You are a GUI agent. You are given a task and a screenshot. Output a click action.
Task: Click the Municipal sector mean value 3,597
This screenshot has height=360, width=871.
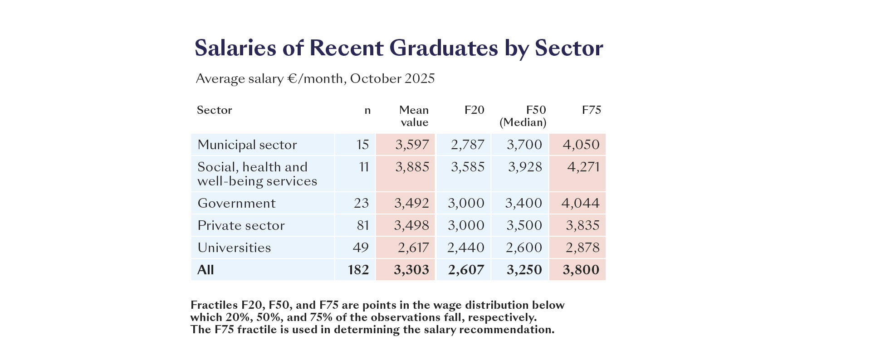click(412, 145)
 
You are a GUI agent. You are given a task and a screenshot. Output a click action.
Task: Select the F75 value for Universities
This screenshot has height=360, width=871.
click(582, 248)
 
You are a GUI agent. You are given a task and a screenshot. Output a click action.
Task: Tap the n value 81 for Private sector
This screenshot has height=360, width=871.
click(363, 225)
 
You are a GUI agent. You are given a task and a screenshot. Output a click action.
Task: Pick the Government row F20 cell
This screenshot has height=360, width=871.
click(466, 203)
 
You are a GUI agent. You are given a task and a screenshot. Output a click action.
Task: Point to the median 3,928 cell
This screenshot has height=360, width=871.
click(525, 167)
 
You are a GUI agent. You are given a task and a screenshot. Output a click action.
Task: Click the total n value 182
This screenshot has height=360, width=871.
click(358, 270)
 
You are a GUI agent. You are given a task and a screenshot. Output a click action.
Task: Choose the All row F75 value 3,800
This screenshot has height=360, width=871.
click(581, 270)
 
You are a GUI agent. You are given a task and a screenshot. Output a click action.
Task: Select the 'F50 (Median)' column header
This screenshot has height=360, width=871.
click(523, 116)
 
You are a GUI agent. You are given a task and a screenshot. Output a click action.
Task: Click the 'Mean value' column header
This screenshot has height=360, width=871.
click(414, 116)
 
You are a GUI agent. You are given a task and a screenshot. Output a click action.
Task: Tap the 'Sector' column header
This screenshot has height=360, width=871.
click(214, 110)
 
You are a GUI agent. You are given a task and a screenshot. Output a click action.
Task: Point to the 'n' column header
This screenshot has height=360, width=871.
click(367, 110)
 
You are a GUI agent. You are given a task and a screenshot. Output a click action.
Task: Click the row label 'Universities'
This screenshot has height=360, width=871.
click(234, 248)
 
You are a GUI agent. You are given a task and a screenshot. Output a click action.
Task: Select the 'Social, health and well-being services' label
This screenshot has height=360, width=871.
click(257, 174)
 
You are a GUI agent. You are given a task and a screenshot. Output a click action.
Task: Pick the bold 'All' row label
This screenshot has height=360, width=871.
click(206, 270)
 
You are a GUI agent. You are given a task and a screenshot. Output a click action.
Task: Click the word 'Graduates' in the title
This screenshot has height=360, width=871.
click(443, 48)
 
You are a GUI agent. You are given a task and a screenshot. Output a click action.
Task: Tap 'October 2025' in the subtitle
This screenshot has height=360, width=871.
click(392, 78)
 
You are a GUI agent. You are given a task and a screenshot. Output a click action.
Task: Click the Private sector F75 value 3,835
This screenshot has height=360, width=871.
click(582, 225)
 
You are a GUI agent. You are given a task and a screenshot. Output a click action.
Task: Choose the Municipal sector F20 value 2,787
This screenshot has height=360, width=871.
click(467, 145)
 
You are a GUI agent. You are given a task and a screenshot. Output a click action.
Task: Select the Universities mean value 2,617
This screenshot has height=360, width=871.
click(413, 248)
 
